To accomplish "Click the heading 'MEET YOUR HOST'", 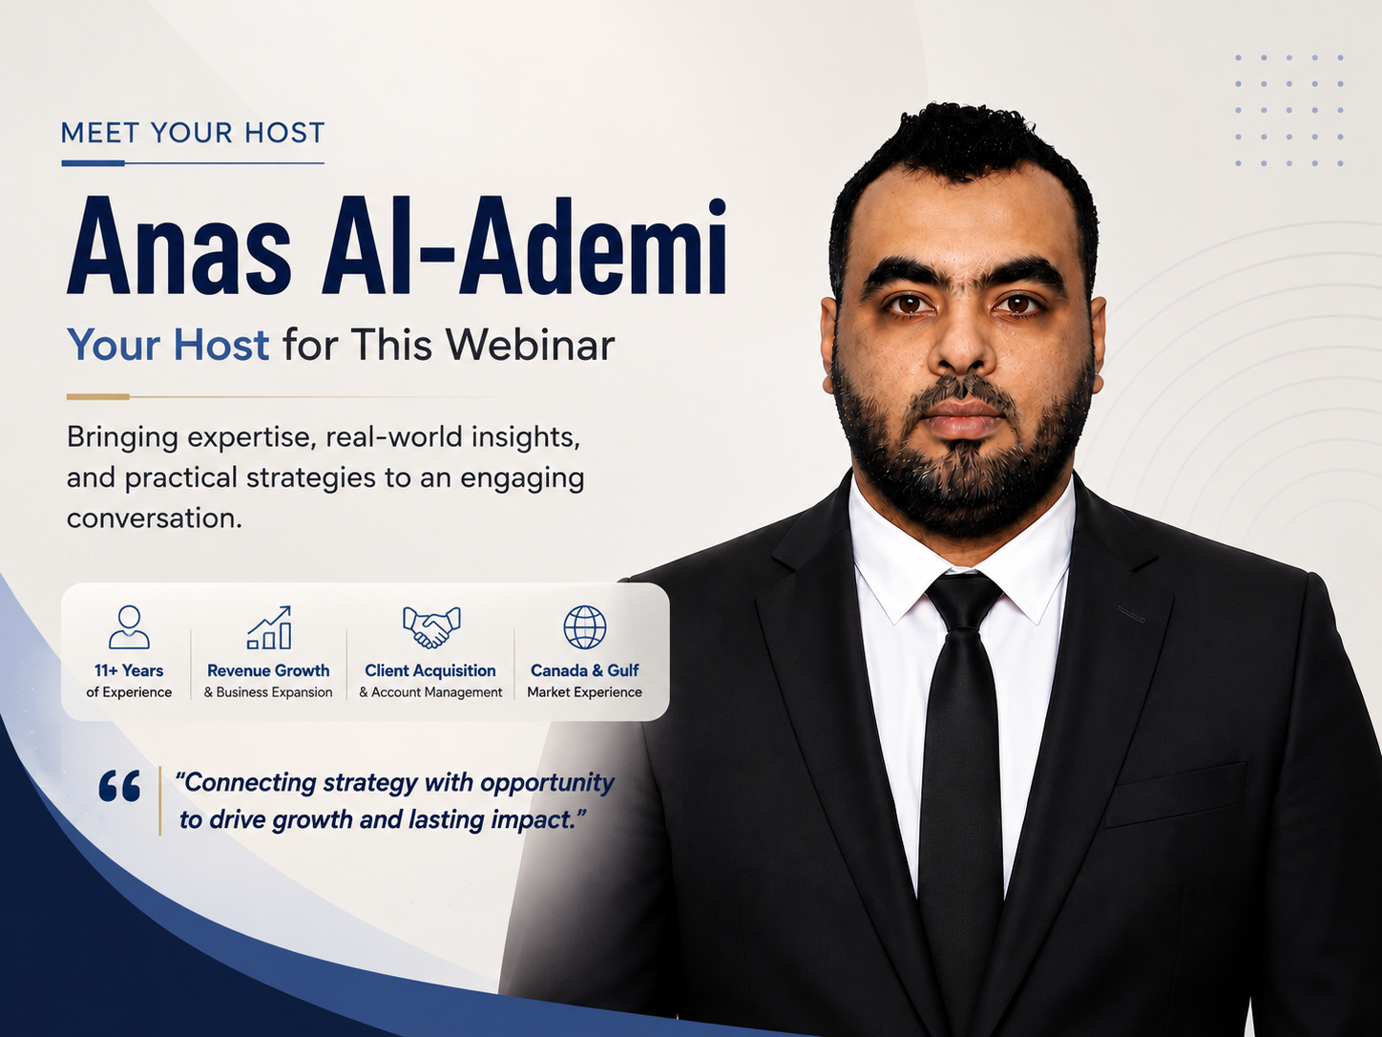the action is pyautogui.click(x=193, y=133).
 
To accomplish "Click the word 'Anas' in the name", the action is pyautogui.click(x=179, y=246).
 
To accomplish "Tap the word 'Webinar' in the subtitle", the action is pyautogui.click(x=530, y=345).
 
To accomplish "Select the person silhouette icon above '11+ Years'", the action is pyautogui.click(x=129, y=626).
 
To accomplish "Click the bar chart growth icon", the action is pyautogui.click(x=269, y=627).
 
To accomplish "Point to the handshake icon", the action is pyautogui.click(x=431, y=627).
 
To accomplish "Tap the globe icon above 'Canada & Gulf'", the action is pyautogui.click(x=585, y=627).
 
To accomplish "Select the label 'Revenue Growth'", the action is pyautogui.click(x=268, y=670).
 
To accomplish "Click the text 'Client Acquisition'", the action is pyautogui.click(x=430, y=670).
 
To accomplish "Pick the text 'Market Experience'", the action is pyautogui.click(x=585, y=692).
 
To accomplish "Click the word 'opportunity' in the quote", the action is pyautogui.click(x=548, y=784).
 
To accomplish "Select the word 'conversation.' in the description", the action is pyautogui.click(x=155, y=518).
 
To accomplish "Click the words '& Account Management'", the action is pyautogui.click(x=430, y=692).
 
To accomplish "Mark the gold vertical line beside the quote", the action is pyautogui.click(x=160, y=800).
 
